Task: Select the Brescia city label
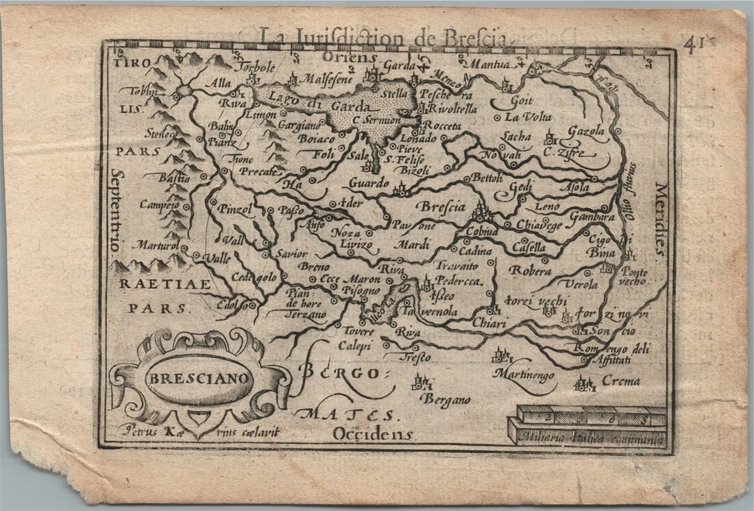[441, 206]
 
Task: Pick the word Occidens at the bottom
[373, 433]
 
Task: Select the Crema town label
[620, 381]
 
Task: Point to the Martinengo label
[524, 374]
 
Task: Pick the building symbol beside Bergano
[422, 382]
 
